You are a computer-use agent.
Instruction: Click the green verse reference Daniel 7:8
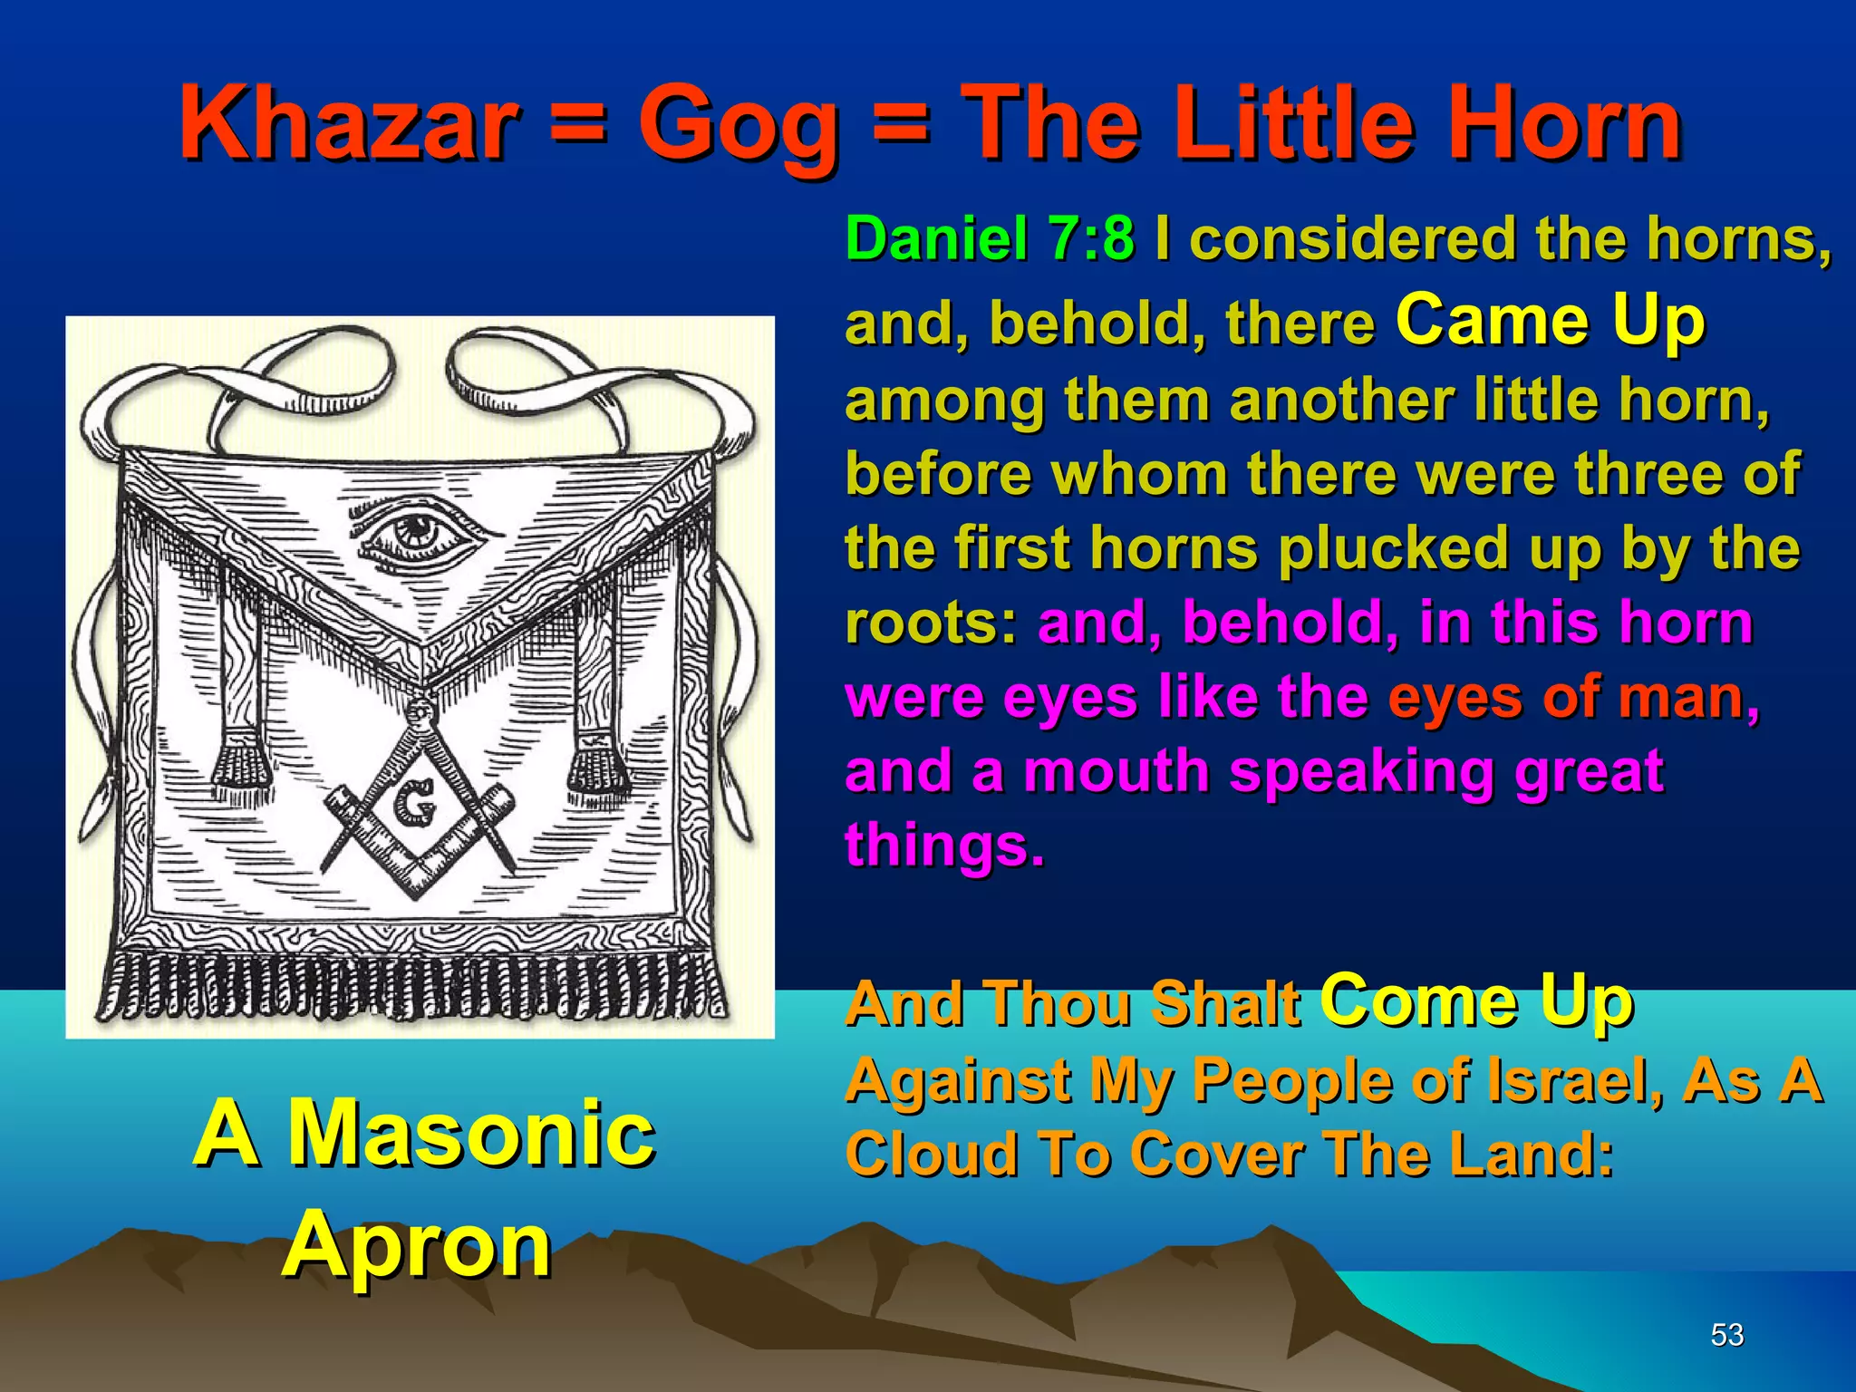click(x=990, y=239)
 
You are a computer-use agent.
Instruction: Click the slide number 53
click(x=1727, y=1334)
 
